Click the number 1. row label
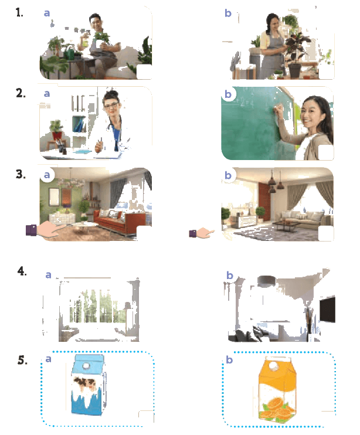point(19,13)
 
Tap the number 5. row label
point(22,360)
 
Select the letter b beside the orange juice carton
point(229,359)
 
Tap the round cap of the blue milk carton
point(86,366)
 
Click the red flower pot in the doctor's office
point(57,135)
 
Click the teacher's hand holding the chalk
point(278,110)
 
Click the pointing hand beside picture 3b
point(202,233)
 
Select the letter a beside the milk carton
point(48,359)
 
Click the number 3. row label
point(21,174)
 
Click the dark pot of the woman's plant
point(294,71)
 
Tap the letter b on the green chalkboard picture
point(228,94)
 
